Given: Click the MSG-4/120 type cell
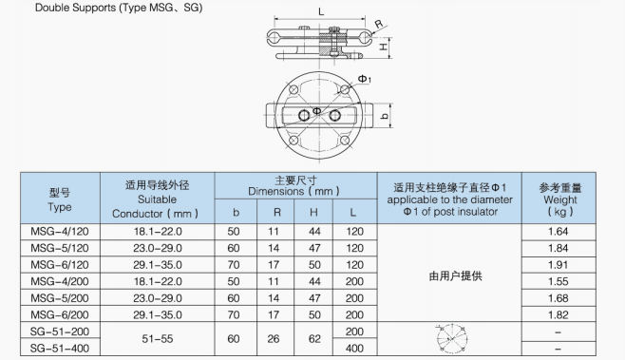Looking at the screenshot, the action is pyautogui.click(x=60, y=232).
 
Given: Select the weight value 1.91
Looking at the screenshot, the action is pyautogui.click(x=559, y=265).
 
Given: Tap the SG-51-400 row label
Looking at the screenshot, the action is pyautogui.click(x=60, y=349).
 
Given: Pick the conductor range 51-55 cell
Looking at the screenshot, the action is pyautogui.click(x=158, y=339).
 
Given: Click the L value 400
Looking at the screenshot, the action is pyautogui.click(x=354, y=349).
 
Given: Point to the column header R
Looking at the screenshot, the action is pyautogui.click(x=277, y=213).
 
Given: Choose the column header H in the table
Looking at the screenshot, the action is pyautogui.click(x=313, y=213).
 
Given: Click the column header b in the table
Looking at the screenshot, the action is pyautogui.click(x=236, y=213).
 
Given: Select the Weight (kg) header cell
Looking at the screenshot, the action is pyautogui.click(x=559, y=199).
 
